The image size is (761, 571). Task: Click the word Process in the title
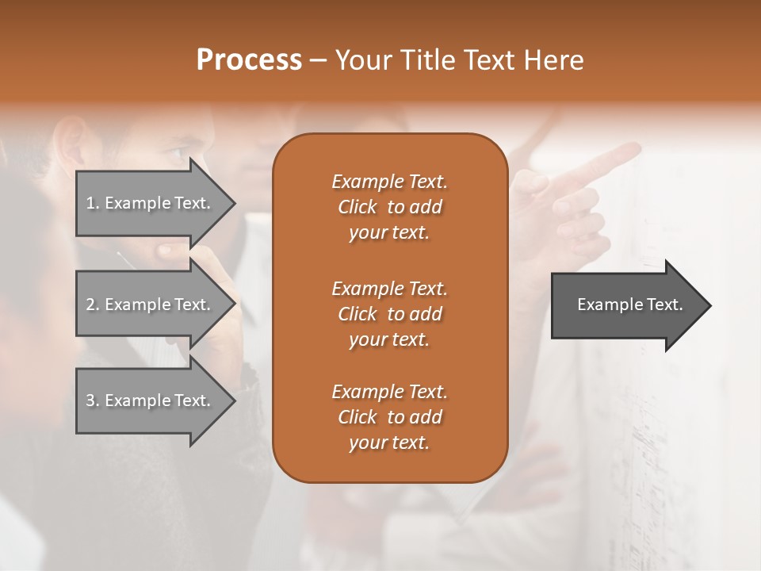(249, 60)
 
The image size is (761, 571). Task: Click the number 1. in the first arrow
(92, 203)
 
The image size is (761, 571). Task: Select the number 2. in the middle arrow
(92, 305)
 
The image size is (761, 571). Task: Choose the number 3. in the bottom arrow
(92, 400)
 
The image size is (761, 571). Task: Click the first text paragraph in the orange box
(389, 207)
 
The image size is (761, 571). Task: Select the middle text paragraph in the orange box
(389, 314)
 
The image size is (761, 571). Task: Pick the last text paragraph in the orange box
(389, 417)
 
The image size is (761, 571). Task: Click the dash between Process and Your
(318, 60)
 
